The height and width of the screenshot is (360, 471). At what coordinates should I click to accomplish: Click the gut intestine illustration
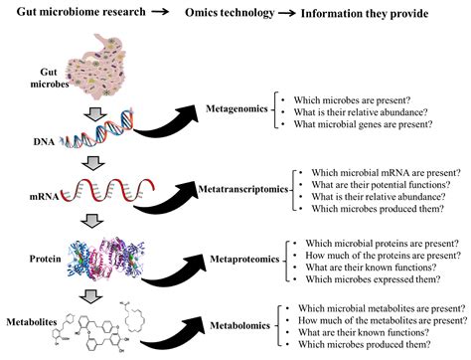coord(95,59)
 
